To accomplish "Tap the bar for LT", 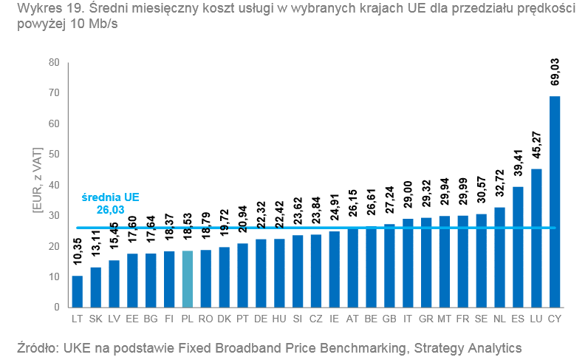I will click(x=77, y=291).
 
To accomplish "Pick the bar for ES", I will click(x=518, y=247).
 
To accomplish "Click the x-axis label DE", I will click(x=261, y=319).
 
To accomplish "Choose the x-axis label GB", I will click(x=389, y=319).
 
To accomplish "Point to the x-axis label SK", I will click(x=95, y=319).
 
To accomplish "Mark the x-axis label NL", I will click(x=499, y=319).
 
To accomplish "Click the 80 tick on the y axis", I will click(x=53, y=62).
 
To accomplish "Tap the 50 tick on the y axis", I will click(x=53, y=154).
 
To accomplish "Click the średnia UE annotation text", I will click(x=110, y=197).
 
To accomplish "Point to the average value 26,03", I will click(x=111, y=210).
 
